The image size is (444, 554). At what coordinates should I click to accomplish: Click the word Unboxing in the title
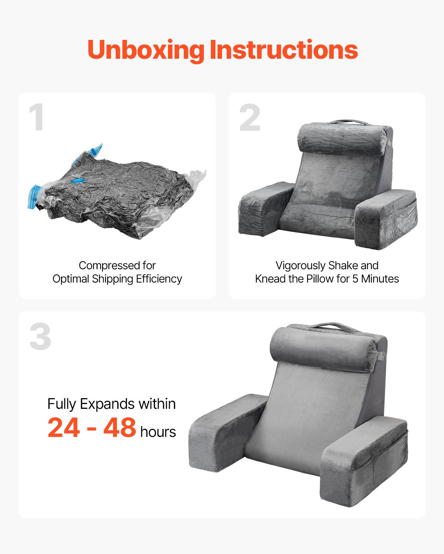[x=146, y=51]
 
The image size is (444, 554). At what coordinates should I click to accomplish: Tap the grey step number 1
[x=37, y=117]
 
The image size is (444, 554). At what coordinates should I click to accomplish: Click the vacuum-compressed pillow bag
[x=116, y=193]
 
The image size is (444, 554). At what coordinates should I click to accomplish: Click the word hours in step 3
[x=158, y=432]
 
